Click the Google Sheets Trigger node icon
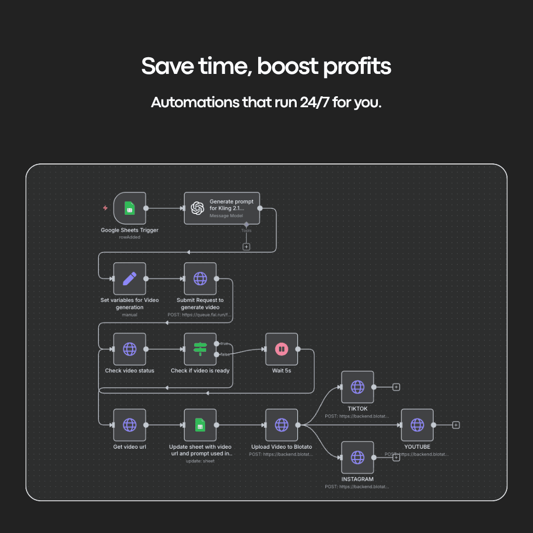[x=130, y=208]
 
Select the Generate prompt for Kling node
[x=222, y=208]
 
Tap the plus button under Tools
[x=246, y=247]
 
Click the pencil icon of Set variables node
[x=130, y=278]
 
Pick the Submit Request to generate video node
[x=200, y=278]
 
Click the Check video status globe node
[x=130, y=349]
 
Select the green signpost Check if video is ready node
[x=200, y=349]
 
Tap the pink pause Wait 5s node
[x=282, y=349]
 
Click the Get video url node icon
[x=130, y=425]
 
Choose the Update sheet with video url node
[x=200, y=425]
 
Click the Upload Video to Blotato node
[x=282, y=425]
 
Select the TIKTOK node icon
[x=358, y=387]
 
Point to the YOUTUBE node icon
[x=417, y=425]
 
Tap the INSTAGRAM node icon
[x=358, y=458]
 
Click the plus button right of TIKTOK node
[x=396, y=387]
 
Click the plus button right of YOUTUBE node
[x=456, y=425]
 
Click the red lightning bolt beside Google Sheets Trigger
[x=106, y=208]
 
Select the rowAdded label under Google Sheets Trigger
[x=130, y=237]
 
